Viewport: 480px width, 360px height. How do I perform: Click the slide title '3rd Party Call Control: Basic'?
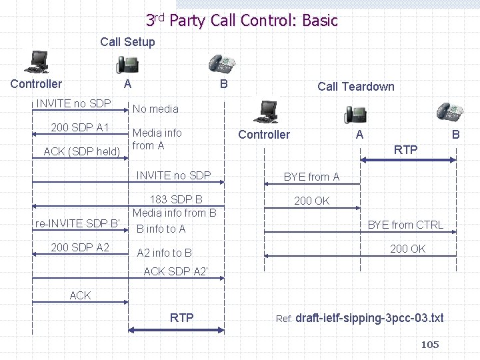241,20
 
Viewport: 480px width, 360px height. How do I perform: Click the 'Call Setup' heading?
127,42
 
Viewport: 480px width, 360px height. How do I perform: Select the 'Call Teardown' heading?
355,86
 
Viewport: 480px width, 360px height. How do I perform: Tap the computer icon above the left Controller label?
37,62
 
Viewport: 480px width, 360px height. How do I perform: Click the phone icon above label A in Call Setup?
128,64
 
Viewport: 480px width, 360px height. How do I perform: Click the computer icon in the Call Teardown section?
269,111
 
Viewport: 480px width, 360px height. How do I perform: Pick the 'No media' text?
155,108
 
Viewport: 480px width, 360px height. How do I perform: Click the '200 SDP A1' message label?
80,127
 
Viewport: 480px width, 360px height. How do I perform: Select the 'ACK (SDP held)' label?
81,151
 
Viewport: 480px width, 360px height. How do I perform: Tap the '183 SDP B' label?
176,199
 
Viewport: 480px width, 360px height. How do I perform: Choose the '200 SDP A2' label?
80,247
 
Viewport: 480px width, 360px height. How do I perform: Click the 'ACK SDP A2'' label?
176,271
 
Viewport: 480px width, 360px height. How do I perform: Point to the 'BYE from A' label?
311,177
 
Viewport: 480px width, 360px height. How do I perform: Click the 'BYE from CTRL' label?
405,225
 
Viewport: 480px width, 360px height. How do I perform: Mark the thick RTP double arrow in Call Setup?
175,329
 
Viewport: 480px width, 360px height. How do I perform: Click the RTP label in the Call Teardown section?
405,150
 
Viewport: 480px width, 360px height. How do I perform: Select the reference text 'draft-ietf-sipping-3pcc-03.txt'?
369,318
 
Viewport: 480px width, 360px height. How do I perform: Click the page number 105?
430,344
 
